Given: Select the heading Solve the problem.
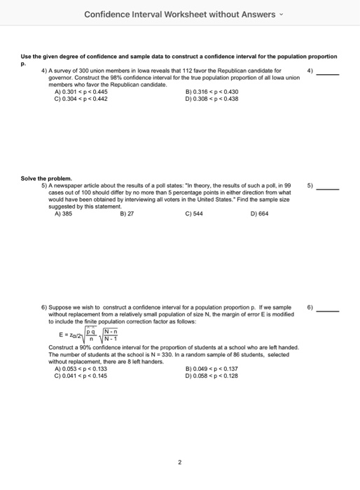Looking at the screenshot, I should (x=47, y=178).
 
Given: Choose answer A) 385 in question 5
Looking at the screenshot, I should (x=63, y=214).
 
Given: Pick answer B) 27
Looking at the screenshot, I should (x=126, y=214).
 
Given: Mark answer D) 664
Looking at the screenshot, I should (x=259, y=214).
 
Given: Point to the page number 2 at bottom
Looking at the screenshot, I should (x=180, y=462).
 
